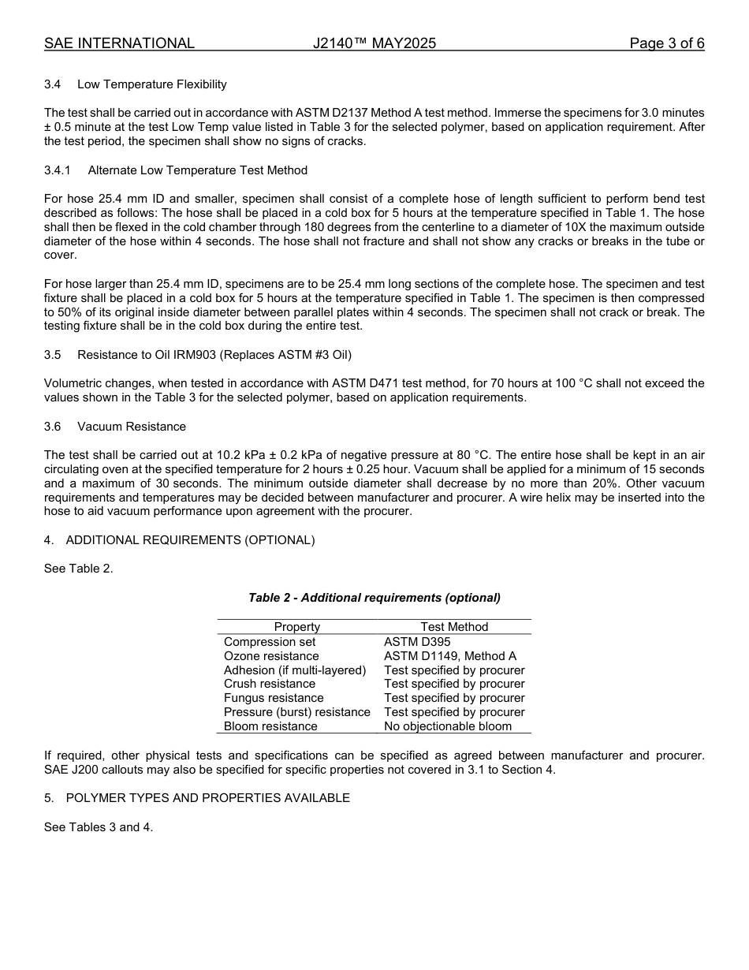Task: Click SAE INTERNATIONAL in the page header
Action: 119,43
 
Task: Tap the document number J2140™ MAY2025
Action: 374,43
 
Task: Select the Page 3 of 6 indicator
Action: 666,43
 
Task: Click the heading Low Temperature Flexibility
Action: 151,84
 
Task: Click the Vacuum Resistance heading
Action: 132,427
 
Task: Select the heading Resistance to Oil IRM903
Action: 214,355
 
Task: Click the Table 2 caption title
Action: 374,598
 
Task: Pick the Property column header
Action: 296,627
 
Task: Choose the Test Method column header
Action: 454,627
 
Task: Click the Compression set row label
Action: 270,642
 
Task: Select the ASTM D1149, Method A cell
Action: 450,656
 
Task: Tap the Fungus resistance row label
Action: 274,698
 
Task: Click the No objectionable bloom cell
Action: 448,726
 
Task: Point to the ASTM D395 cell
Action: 417,642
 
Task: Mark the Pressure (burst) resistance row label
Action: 296,712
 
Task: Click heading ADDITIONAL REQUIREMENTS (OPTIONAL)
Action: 190,540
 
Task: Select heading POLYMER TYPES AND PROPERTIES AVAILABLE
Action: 207,798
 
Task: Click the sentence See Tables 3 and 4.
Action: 99,827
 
